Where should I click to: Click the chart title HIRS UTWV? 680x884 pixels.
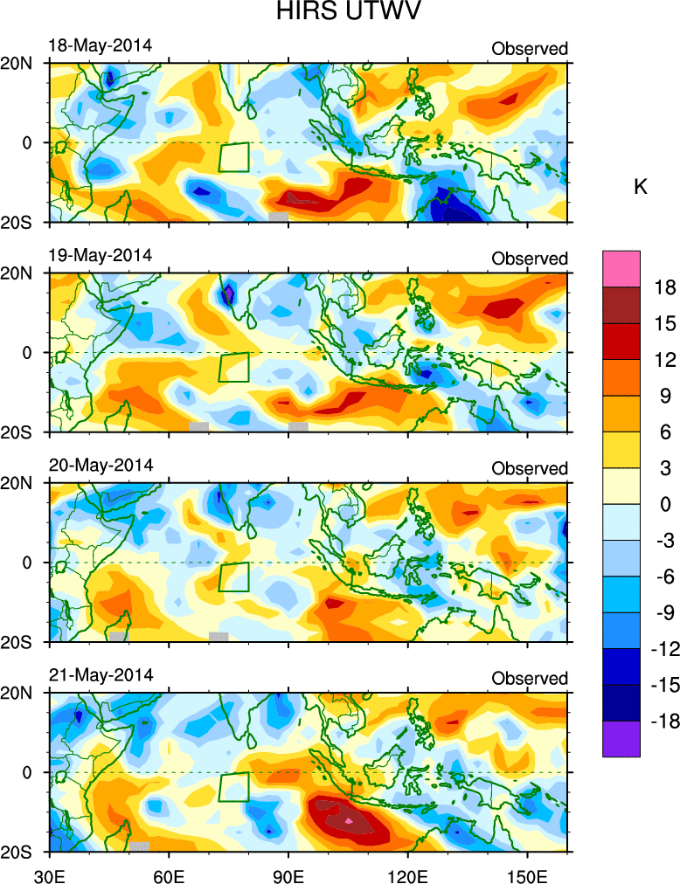[x=340, y=13]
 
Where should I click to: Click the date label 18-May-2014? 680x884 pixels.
[x=100, y=45]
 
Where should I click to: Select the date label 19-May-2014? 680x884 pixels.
[x=100, y=255]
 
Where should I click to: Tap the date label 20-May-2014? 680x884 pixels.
[x=100, y=465]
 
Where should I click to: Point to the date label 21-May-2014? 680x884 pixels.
[x=100, y=675]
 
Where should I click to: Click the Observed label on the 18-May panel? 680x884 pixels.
[x=530, y=48]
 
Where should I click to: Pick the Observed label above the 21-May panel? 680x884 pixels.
[x=530, y=679]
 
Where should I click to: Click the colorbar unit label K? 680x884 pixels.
[x=641, y=188]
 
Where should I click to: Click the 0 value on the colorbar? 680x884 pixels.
[x=666, y=504]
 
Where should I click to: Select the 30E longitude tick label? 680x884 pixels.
[x=48, y=873]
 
